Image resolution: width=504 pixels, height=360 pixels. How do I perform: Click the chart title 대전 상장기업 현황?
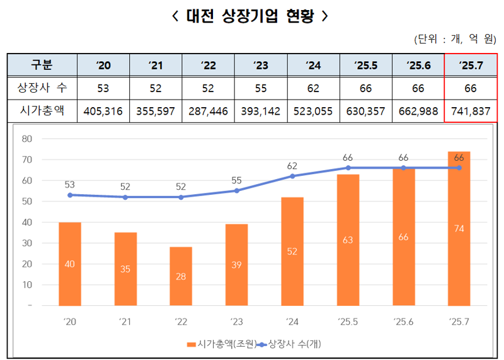click(250, 16)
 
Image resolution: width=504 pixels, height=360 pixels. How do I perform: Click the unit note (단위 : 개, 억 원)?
click(455, 40)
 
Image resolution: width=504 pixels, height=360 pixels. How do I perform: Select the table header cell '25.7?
click(471, 65)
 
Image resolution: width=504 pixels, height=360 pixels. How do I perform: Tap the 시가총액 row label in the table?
click(42, 111)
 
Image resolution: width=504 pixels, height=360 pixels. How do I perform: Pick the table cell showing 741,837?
click(471, 111)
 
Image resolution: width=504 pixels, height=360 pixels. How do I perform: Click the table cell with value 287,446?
click(208, 111)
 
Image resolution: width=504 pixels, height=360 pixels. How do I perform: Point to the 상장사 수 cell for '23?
click(260, 88)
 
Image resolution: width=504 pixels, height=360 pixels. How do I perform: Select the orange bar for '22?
click(181, 276)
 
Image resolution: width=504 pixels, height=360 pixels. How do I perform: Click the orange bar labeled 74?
click(459, 228)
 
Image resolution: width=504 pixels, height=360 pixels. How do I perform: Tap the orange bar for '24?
click(292, 251)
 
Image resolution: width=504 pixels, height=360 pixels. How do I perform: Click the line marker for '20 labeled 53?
click(70, 195)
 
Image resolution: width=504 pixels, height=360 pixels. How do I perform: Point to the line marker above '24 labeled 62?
click(292, 177)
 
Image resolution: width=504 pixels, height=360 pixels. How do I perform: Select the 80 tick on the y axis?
click(26, 139)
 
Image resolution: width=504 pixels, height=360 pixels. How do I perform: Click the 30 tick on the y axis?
click(26, 243)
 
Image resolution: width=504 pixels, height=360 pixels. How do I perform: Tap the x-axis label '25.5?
click(347, 322)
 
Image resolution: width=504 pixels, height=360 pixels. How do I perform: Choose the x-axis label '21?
click(125, 322)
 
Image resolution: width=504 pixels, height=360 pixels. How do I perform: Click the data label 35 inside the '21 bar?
click(125, 269)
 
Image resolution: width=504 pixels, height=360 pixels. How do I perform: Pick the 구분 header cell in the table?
click(42, 65)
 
